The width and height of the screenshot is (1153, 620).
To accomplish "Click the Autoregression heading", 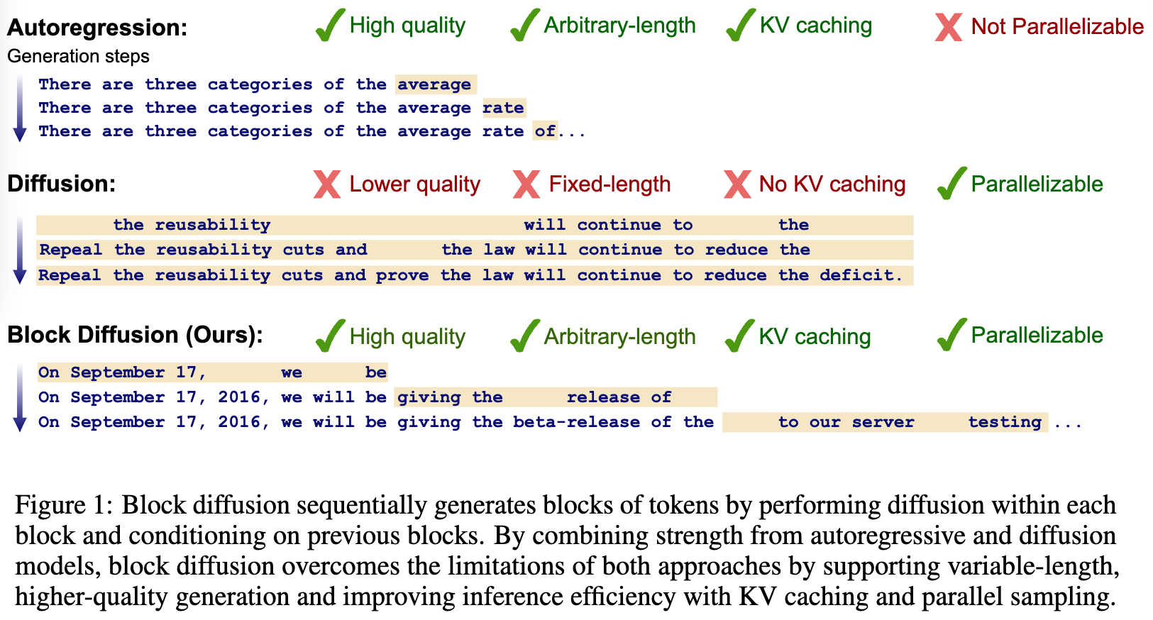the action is pos(97,27).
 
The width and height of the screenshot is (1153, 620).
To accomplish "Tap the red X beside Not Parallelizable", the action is pos(949,27).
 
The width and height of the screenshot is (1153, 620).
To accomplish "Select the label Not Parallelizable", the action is pos(1057,26).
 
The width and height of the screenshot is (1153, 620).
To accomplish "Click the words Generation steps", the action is pos(78,56).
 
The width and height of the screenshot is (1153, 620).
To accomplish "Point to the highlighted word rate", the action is pos(503,108).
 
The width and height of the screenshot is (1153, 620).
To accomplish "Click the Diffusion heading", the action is pos(61,184).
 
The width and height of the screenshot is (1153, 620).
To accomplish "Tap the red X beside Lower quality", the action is pos(327,184).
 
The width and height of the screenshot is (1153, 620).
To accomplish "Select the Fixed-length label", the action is pos(610,184).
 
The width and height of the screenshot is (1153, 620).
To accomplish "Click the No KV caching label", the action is pos(832,184).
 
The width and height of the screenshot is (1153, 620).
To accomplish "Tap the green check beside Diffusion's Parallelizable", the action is pos(951,183).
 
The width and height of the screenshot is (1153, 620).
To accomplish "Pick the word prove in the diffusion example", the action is pos(402,276).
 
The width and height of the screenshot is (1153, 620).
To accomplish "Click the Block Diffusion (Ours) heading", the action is pos(135,335).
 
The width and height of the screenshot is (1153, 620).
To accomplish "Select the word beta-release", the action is pos(576,422).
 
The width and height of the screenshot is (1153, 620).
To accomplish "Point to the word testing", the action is pos(1005,422).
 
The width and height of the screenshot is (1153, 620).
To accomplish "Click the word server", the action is pos(883,422).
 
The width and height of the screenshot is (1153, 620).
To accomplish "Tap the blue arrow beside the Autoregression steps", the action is pos(20,108).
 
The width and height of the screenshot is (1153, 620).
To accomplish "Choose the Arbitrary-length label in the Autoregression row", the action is pos(619,26).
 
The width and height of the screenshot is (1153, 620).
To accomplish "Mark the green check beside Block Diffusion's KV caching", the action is pos(739,336).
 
